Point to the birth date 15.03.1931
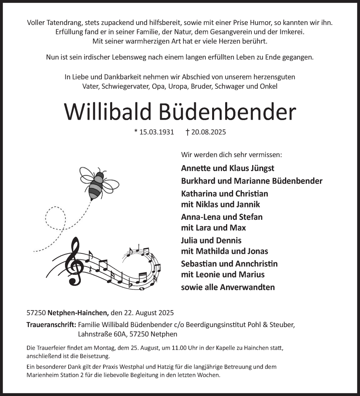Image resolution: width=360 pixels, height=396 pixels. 157,132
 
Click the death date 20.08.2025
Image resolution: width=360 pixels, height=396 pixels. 209,132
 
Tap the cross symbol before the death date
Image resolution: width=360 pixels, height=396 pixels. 188,132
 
